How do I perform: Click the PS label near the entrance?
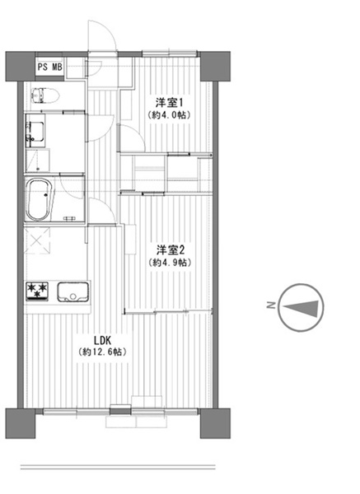click(x=42, y=68)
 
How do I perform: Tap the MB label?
click(x=57, y=68)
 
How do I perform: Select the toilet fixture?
click(x=45, y=96)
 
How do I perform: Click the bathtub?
click(x=39, y=199)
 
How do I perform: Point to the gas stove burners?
click(x=37, y=291)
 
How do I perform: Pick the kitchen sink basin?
click(x=72, y=291)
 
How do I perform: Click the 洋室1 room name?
click(x=169, y=103)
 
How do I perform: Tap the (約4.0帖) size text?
click(x=169, y=115)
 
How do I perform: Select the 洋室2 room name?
click(x=171, y=250)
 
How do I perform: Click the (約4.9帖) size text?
click(x=171, y=263)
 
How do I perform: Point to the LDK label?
click(x=102, y=340)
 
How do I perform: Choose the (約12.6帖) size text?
click(x=102, y=352)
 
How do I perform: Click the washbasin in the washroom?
click(x=35, y=132)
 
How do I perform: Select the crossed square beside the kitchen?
click(x=37, y=240)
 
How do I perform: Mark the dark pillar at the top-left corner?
click(x=20, y=67)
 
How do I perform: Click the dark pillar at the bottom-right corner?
click(x=215, y=423)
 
